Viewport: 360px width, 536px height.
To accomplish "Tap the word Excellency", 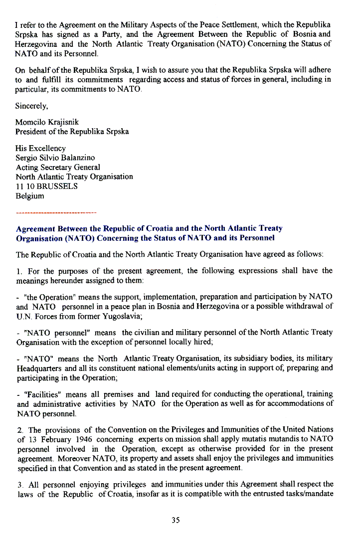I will [47, 149].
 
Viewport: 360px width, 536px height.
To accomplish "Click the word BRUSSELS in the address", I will [57, 186].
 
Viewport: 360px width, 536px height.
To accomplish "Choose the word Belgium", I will [30, 196].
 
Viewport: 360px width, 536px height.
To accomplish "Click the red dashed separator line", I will [56, 213].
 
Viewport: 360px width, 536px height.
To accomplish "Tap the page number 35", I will [176, 520].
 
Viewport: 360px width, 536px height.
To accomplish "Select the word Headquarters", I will [40, 367].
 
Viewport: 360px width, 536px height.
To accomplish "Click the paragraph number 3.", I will [18, 484].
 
